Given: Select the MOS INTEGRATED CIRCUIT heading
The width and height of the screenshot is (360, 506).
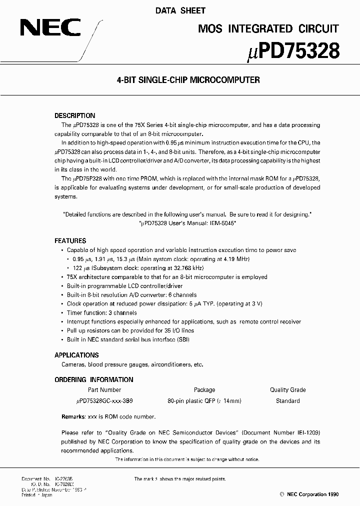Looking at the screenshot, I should coord(268,28).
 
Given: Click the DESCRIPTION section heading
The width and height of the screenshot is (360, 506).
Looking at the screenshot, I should coord(74,115).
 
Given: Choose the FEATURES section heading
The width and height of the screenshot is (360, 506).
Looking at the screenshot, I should coord(70,240).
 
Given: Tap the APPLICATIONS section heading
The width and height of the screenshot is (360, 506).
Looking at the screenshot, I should coord(76,355).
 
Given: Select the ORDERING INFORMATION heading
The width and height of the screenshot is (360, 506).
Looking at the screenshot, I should coord(94,379).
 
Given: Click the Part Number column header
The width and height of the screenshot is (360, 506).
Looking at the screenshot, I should coord(104,390).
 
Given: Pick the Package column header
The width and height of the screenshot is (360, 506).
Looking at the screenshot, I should coord(204,390).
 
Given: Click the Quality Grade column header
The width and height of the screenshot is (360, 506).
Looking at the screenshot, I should coord(287,390).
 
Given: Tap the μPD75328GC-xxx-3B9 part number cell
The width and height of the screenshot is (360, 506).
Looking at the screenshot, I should coord(104,401).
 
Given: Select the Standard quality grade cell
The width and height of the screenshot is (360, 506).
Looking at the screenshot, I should coord(287,401).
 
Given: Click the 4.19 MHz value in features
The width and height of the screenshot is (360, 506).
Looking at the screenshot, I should coord(236,259).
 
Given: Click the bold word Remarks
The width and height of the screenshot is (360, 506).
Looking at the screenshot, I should coord(72,416).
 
